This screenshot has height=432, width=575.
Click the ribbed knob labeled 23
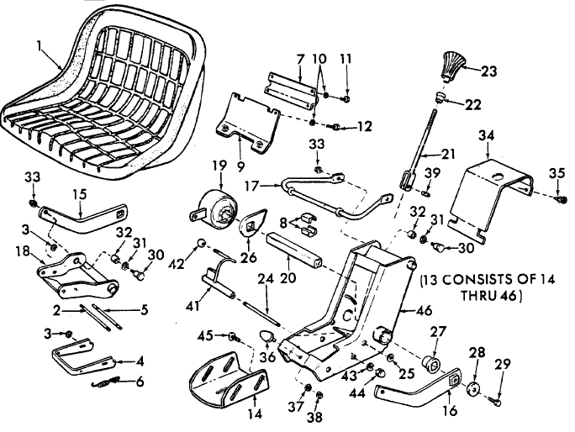tap(451, 66)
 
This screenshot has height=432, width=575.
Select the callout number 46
tap(425, 310)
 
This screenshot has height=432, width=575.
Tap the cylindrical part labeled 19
tap(214, 208)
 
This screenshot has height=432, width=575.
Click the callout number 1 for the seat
tap(39, 46)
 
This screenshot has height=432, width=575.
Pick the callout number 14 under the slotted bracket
tap(255, 414)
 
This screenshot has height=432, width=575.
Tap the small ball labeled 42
tap(201, 244)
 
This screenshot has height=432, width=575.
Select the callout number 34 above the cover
tap(486, 135)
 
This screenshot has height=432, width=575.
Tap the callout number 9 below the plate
tap(240, 167)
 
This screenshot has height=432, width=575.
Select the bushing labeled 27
tap(431, 362)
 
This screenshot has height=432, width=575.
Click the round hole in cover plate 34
tap(498, 177)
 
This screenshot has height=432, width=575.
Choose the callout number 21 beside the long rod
tap(446, 154)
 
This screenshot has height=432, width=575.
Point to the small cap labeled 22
tap(439, 97)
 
